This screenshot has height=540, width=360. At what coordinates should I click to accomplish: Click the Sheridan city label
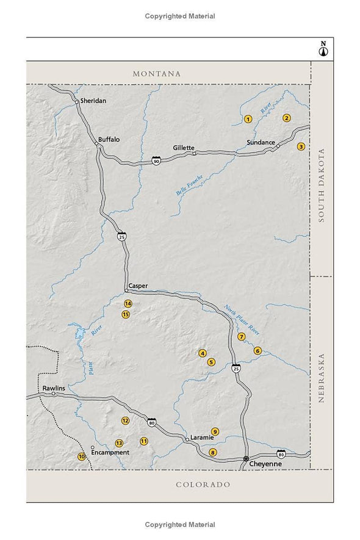click(93, 101)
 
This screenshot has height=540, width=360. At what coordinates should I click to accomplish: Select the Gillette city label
click(183, 148)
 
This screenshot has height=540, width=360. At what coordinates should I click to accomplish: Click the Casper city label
click(139, 285)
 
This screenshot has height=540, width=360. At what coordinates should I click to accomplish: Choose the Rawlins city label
click(54, 388)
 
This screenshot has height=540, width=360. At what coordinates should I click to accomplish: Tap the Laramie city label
click(201, 437)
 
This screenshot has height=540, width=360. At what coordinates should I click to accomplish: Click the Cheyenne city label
click(267, 464)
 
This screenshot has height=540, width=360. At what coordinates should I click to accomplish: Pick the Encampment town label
click(110, 453)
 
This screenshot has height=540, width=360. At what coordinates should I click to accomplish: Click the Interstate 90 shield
click(156, 160)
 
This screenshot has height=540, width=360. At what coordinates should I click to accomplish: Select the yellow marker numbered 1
click(248, 119)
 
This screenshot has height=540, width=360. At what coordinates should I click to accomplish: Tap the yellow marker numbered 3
click(301, 146)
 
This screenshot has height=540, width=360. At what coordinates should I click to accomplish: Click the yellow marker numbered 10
click(81, 456)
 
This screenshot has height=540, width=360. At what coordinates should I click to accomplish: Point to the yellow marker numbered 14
click(128, 303)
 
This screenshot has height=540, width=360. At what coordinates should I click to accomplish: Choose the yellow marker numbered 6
click(258, 351)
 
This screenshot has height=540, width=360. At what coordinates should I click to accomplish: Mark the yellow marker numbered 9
click(215, 431)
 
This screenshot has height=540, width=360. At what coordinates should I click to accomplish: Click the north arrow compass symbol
click(323, 49)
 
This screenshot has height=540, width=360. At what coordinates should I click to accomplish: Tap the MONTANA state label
click(157, 74)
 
